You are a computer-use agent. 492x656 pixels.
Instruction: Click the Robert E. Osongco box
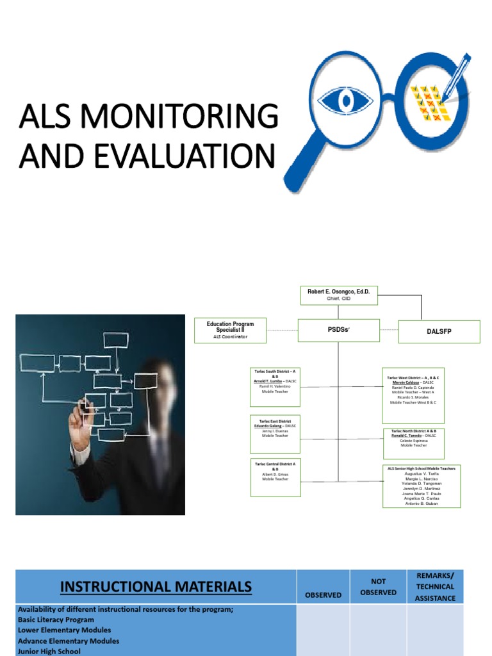point(338,295)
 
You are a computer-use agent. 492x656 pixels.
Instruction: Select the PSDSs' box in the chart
point(338,330)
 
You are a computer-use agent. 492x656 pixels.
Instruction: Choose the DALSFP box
point(439,332)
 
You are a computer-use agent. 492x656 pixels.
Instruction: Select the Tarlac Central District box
point(275,477)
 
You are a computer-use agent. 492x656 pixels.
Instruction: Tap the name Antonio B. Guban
point(422,504)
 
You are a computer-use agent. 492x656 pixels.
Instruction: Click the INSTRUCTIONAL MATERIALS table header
point(156,586)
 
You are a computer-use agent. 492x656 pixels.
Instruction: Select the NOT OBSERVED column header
point(378,587)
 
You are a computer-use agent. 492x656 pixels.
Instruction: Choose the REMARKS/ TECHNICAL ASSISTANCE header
point(435,586)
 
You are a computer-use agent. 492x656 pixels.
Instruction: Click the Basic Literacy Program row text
point(56,620)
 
